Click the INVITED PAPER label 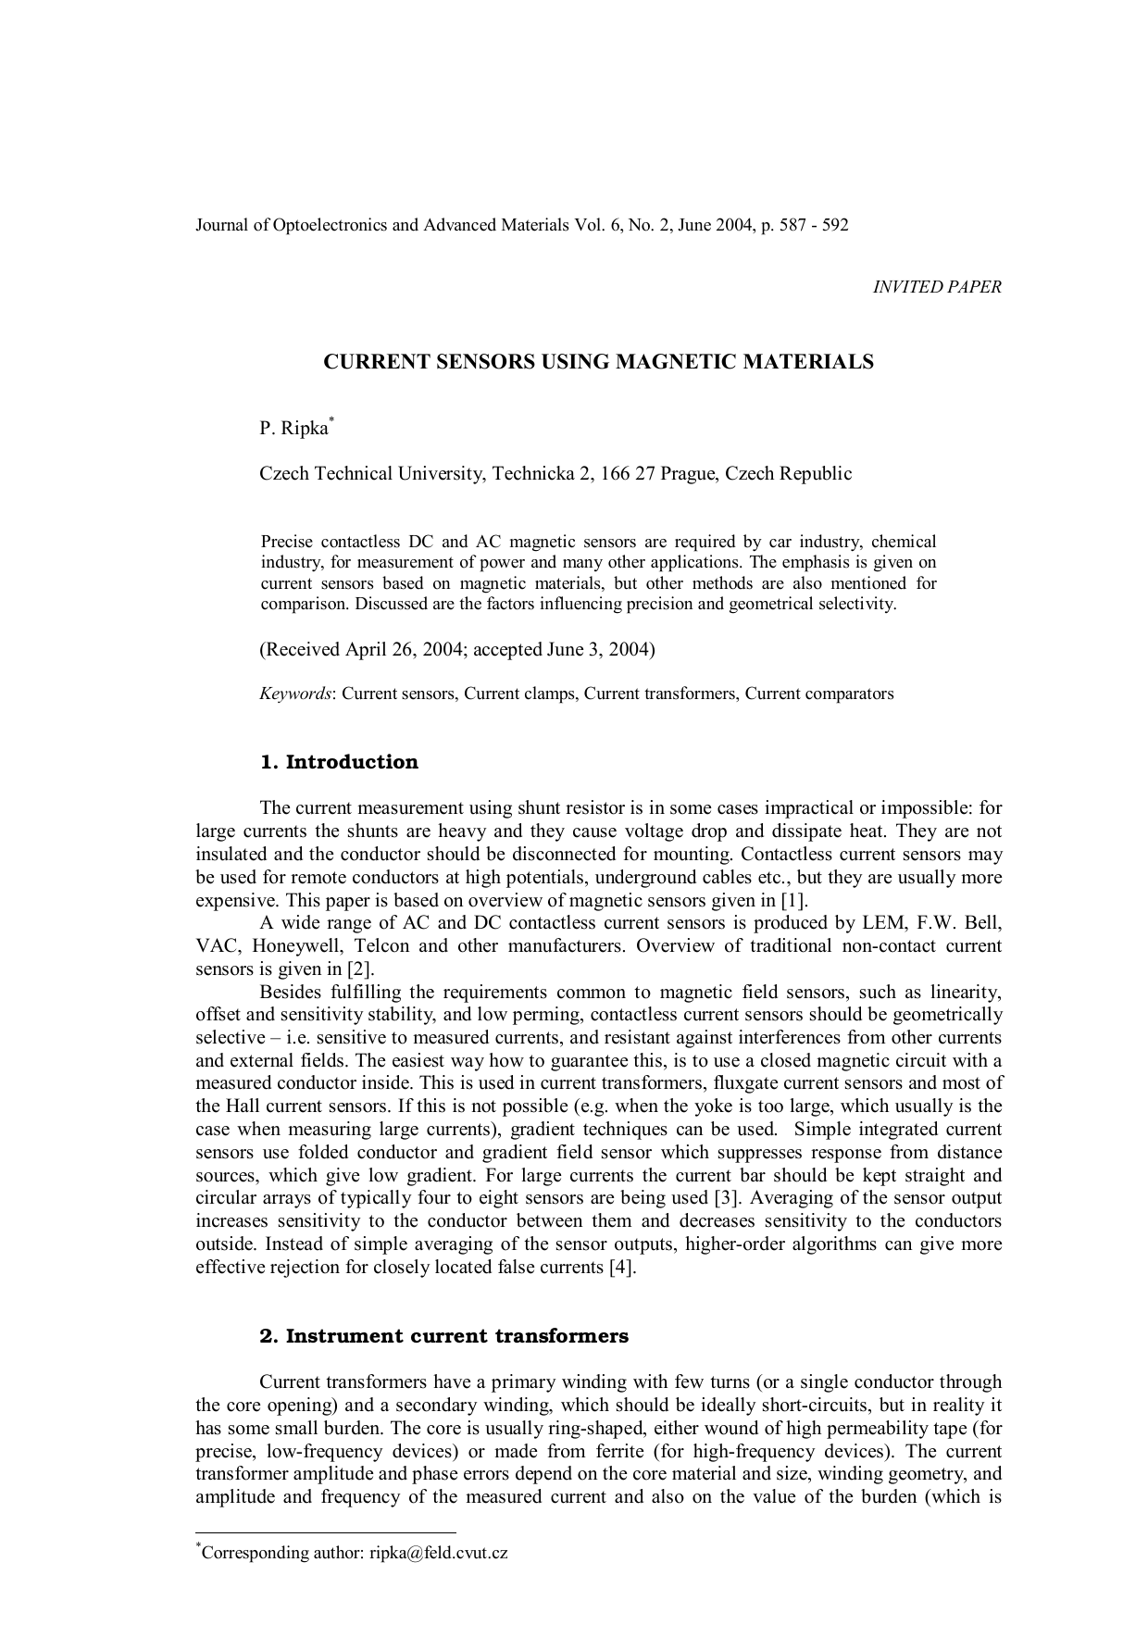tap(937, 287)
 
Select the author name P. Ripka tap(293, 429)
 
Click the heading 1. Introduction tap(339, 762)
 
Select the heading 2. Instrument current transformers tap(443, 1336)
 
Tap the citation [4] tap(623, 1268)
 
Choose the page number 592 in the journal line tap(834, 225)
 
